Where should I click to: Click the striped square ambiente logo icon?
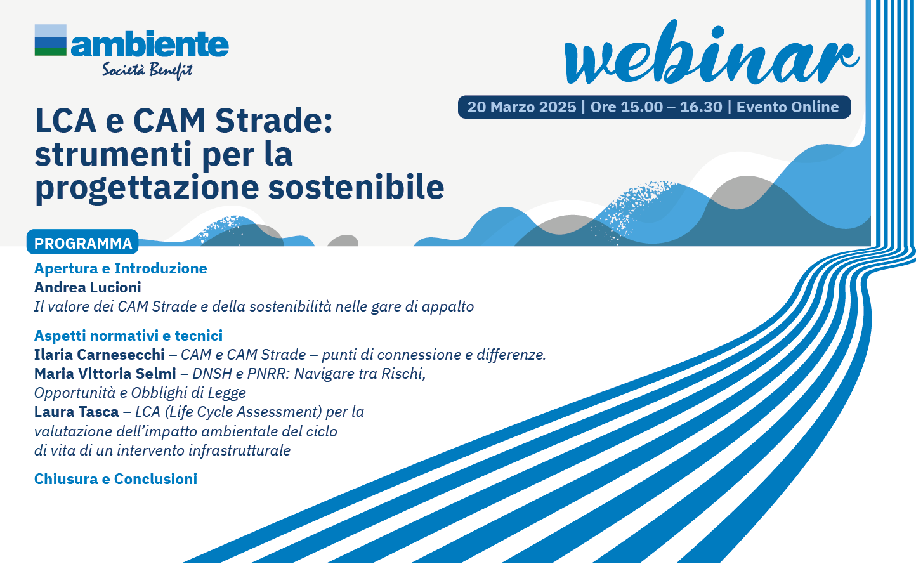tap(50, 40)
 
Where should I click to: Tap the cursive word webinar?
tap(711, 53)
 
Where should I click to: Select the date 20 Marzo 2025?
tap(521, 107)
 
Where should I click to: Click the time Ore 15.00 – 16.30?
tap(657, 107)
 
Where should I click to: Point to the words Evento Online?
tap(788, 107)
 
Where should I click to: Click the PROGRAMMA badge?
tap(82, 242)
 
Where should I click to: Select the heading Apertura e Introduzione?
tap(121, 268)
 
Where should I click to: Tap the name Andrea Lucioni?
tap(88, 287)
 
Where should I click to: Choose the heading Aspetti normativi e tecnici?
tap(128, 336)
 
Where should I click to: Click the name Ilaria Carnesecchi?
tap(100, 355)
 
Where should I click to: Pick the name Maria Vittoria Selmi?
tap(105, 374)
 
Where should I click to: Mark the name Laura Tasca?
tap(77, 412)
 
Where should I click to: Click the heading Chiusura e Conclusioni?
tap(115, 479)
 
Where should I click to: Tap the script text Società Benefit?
tap(147, 70)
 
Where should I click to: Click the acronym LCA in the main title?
tap(65, 121)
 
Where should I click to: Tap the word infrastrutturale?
tap(239, 450)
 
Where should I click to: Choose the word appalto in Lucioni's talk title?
tap(448, 307)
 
